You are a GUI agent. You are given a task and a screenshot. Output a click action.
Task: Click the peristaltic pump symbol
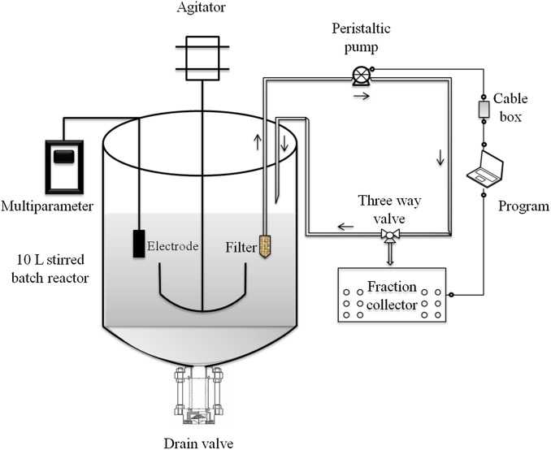[x=362, y=76]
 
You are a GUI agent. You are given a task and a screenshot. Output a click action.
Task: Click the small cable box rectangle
[x=484, y=108]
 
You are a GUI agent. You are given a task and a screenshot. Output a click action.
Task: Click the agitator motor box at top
[x=202, y=56]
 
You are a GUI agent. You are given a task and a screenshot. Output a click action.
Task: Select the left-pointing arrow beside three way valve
[x=346, y=228]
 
